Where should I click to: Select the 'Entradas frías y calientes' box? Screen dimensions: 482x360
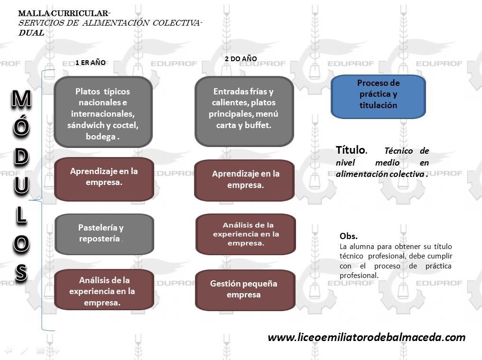point(244,111)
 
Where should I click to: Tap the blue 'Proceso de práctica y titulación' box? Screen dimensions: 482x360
point(378,96)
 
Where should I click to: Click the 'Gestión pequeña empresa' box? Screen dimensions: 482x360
point(245,290)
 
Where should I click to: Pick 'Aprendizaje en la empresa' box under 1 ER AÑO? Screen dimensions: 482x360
point(103,179)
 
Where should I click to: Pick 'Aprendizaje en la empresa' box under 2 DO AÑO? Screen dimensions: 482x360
point(245,180)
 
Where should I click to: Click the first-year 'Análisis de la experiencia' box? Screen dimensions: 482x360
point(104,291)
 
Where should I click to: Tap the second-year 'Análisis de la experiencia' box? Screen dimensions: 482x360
point(245,234)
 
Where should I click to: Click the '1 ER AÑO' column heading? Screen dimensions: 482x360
point(91,63)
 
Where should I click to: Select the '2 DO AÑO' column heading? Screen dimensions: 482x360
point(241,59)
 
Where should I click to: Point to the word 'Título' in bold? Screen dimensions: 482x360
point(350,150)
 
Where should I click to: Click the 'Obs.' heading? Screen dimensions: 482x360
point(348,236)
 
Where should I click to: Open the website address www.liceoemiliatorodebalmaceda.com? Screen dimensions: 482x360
point(366,337)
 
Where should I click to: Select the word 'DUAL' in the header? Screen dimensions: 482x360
point(31,33)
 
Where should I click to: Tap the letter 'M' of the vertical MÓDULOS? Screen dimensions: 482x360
point(21,99)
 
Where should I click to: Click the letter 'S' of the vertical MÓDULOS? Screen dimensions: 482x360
point(21,273)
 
